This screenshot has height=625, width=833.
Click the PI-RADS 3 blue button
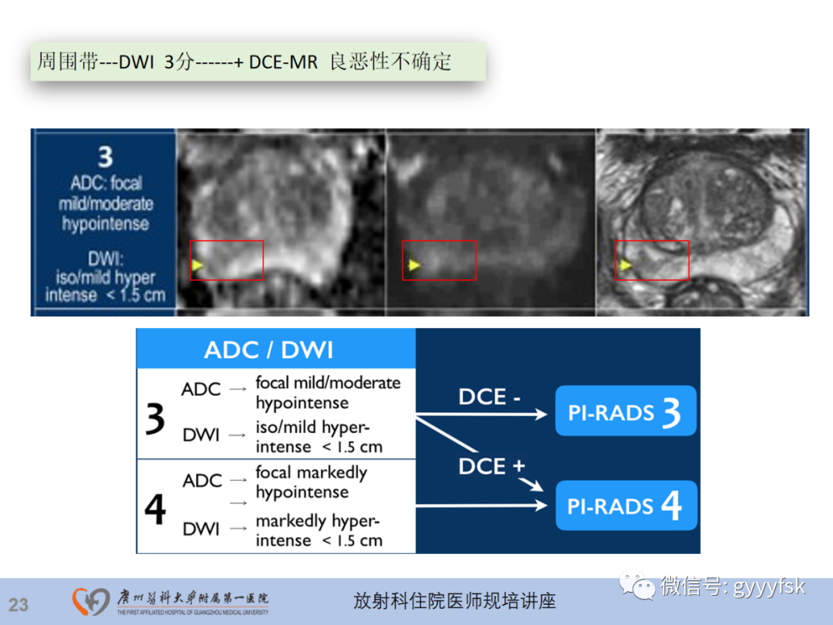click(x=626, y=411)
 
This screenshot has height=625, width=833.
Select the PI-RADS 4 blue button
click(x=626, y=505)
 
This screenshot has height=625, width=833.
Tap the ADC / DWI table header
click(x=268, y=350)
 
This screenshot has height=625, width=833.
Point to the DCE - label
click(x=490, y=397)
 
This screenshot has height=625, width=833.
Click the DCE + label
click(x=491, y=466)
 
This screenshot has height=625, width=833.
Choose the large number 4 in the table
click(x=155, y=509)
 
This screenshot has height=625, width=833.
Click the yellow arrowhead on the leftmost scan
click(x=197, y=265)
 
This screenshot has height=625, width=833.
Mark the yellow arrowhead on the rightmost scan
click(x=626, y=265)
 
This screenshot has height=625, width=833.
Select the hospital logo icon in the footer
click(x=91, y=602)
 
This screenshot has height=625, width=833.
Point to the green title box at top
click(x=258, y=62)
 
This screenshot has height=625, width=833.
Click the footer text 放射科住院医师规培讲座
click(x=454, y=601)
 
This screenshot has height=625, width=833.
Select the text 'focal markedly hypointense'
click(x=312, y=482)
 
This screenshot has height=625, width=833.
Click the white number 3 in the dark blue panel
click(x=105, y=157)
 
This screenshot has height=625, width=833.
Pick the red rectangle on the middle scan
click(x=439, y=260)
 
